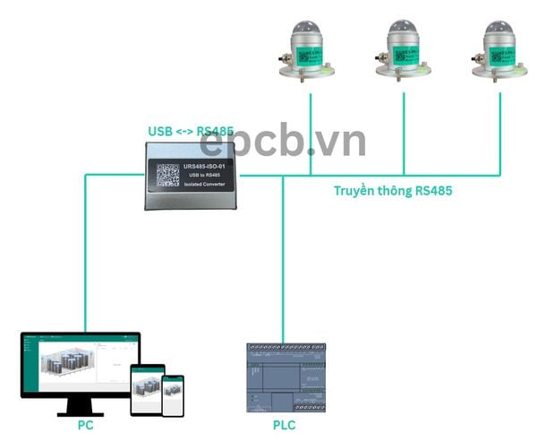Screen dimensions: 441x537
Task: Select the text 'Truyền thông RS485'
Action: pyautogui.click(x=398, y=190)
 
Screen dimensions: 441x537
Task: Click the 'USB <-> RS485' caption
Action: pyautogui.click(x=190, y=131)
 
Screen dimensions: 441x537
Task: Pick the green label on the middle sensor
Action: pyautogui.click(x=407, y=54)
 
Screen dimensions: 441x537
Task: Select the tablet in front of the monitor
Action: pyautogui.click(x=148, y=390)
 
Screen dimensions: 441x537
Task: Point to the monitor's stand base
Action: pyautogui.click(x=81, y=413)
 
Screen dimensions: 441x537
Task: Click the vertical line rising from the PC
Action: pyautogui.click(x=86, y=260)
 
